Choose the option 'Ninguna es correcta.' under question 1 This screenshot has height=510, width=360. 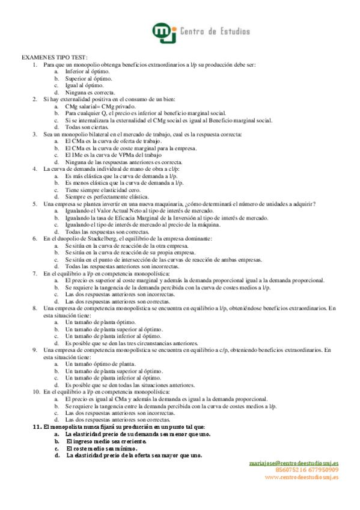[90, 93]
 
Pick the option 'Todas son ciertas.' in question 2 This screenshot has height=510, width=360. [87, 127]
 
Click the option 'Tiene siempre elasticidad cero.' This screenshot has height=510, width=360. [102, 188]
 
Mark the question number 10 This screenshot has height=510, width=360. [35, 391]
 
